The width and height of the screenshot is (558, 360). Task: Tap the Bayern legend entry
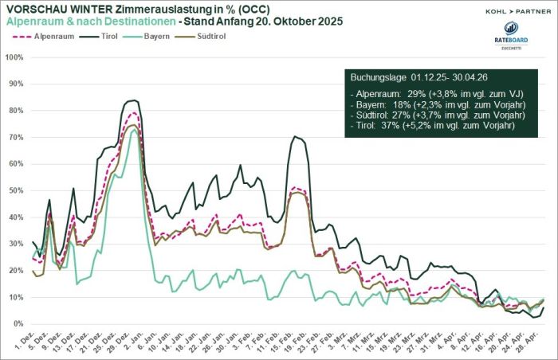(x=163, y=36)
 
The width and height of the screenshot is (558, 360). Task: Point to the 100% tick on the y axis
(x=14, y=57)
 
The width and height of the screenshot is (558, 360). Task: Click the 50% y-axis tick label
(x=15, y=190)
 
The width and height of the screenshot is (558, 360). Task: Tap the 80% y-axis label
(x=15, y=111)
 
